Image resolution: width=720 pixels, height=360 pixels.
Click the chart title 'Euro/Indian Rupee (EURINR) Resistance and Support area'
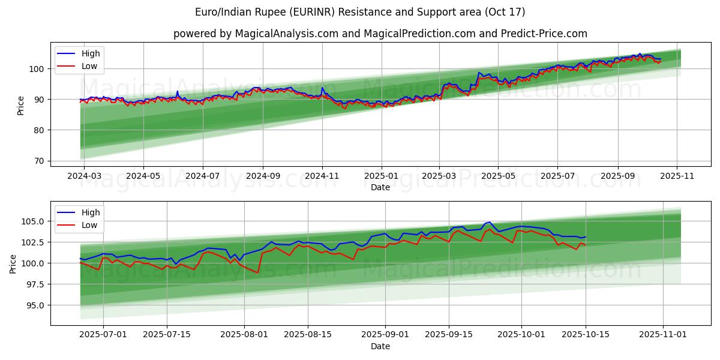point(360,12)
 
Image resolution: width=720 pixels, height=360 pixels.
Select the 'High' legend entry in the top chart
point(91,53)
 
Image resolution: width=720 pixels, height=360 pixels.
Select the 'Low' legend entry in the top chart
point(89,66)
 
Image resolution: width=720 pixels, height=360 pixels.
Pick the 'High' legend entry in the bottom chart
point(91,212)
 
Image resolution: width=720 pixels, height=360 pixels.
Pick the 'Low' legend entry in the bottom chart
point(89,225)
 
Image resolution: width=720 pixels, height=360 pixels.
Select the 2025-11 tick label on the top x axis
point(677,176)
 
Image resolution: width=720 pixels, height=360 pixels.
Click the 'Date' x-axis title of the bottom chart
point(380,346)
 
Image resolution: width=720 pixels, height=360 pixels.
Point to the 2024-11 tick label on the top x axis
point(322,176)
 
